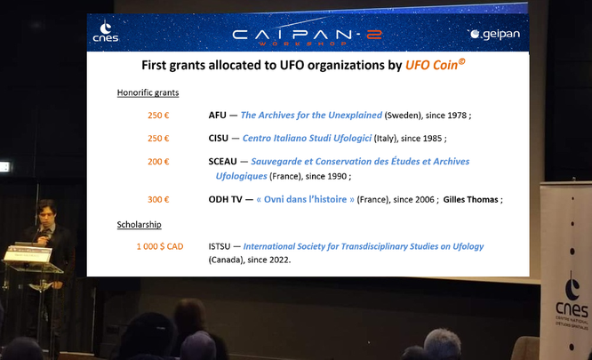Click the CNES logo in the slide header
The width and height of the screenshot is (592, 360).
pyautogui.click(x=106, y=32)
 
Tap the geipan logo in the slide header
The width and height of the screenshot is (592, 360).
pyautogui.click(x=494, y=34)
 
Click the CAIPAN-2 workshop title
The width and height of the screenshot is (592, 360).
pyautogui.click(x=308, y=36)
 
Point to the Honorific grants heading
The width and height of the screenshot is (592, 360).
pyautogui.click(x=148, y=92)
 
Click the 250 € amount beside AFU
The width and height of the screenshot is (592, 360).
pyautogui.click(x=158, y=115)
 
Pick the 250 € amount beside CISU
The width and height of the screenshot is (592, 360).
pyautogui.click(x=158, y=139)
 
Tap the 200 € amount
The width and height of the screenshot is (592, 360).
pyautogui.click(x=158, y=162)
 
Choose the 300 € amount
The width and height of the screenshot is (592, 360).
pyautogui.click(x=158, y=200)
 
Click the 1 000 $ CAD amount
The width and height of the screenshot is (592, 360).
pyautogui.click(x=160, y=246)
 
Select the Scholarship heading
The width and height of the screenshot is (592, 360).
pyautogui.click(x=139, y=225)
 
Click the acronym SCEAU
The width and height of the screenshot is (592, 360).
pyautogui.click(x=222, y=162)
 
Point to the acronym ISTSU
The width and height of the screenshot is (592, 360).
pyautogui.click(x=219, y=246)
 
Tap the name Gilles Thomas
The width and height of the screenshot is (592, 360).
pyautogui.click(x=470, y=200)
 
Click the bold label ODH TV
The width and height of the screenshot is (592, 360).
pyautogui.click(x=225, y=199)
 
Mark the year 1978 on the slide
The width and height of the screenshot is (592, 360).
pyautogui.click(x=457, y=116)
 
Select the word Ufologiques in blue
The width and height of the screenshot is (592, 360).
pyautogui.click(x=241, y=176)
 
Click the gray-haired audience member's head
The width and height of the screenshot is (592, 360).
pyautogui.click(x=442, y=344)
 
